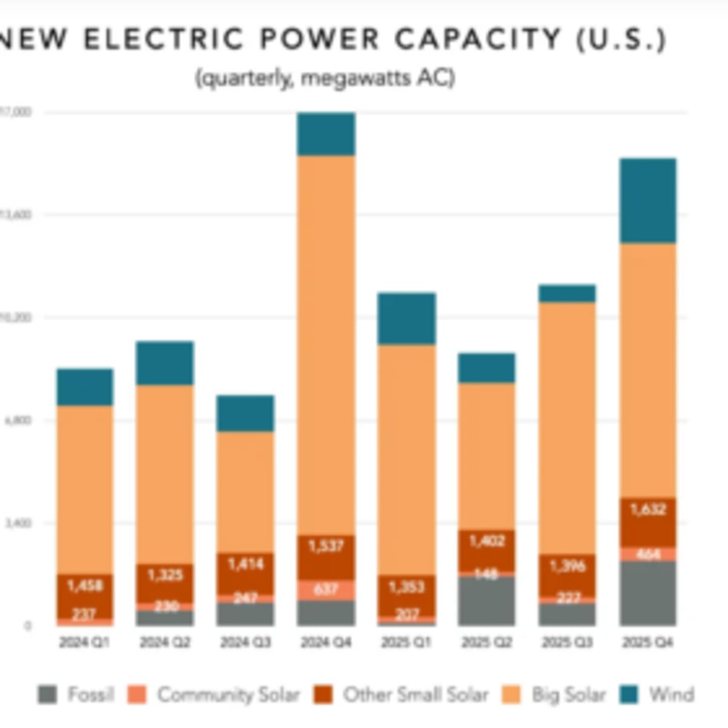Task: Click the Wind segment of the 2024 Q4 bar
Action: (326, 134)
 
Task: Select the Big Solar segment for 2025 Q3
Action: (567, 428)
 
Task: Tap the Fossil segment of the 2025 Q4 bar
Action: (647, 593)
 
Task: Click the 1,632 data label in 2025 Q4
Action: (648, 509)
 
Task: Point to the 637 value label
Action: (326, 589)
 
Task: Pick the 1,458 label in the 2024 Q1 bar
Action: (85, 585)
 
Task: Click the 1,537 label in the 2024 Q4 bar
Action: (326, 546)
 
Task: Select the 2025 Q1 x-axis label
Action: (406, 642)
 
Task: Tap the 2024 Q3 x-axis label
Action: (245, 642)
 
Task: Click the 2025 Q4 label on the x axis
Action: (647, 642)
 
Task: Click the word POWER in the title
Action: (320, 40)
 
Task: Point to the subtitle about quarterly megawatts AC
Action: (325, 78)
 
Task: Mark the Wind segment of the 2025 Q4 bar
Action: (647, 201)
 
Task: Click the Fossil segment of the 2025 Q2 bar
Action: (487, 601)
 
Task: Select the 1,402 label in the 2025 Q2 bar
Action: (487, 541)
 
